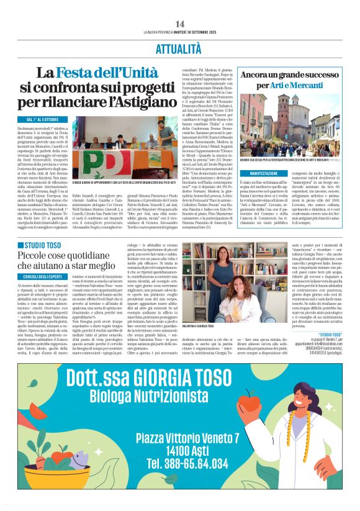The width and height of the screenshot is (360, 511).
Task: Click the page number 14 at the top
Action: tap(180, 23)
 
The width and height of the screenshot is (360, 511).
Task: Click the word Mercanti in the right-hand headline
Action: tap(308, 84)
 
